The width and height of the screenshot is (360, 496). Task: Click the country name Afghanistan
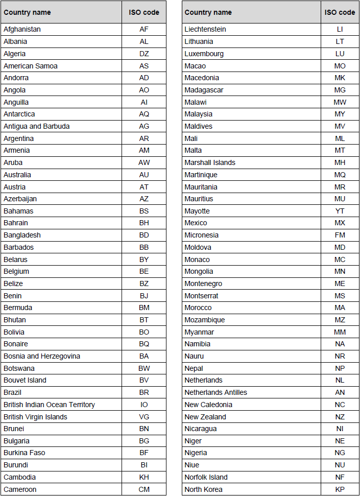click(22, 29)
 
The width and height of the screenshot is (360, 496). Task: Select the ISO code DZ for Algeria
click(144, 54)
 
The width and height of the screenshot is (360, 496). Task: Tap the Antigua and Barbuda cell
click(36, 126)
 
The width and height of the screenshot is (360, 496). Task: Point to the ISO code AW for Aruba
click(144, 162)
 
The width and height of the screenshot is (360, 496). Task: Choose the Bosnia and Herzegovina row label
click(42, 356)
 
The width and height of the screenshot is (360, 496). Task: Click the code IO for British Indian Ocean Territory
click(144, 405)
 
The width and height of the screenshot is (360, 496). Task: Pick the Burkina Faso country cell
click(25, 453)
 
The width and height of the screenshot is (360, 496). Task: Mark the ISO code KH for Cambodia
click(144, 477)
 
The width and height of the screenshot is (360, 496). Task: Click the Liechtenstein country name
click(205, 29)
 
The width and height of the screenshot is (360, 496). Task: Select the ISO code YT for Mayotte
click(340, 211)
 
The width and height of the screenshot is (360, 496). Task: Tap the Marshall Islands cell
click(210, 162)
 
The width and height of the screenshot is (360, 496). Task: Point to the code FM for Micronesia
click(340, 235)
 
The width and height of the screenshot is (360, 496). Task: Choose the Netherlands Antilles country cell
click(215, 392)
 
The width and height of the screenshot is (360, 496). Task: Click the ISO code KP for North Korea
click(340, 489)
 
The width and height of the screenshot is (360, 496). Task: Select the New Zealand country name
click(205, 417)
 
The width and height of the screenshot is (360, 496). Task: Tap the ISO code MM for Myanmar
click(340, 332)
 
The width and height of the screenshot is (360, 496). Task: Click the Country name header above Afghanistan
click(27, 12)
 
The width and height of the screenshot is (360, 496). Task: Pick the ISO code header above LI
click(340, 12)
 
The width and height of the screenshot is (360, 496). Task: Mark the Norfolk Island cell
click(206, 477)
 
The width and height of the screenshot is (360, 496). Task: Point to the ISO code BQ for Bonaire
click(144, 344)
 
